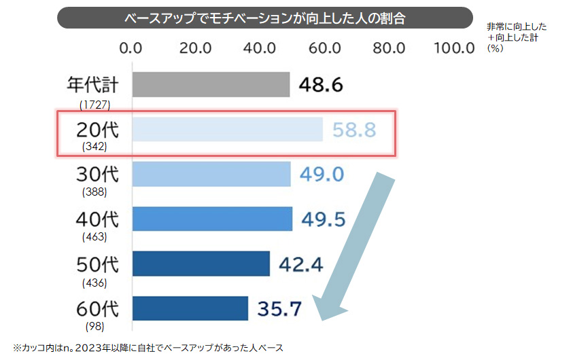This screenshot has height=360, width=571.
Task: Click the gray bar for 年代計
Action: tap(211, 85)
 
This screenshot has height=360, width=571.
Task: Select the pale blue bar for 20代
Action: tap(227, 130)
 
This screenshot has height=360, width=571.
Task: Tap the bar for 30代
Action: tap(211, 175)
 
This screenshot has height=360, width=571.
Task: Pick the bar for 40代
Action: tap(212, 219)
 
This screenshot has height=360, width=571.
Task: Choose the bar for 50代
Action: tap(201, 264)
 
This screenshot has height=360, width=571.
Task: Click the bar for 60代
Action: tap(190, 308)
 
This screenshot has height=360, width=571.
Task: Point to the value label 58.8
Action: tap(354, 130)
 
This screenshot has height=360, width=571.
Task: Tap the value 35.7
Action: tap(279, 309)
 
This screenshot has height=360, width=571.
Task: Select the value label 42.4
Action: tap(300, 264)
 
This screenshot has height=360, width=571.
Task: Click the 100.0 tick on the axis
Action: tap(453, 48)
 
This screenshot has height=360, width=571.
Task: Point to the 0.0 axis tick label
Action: tap(130, 48)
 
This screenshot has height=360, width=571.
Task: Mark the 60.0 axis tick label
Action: tap(324, 48)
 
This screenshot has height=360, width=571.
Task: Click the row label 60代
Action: tap(98, 310)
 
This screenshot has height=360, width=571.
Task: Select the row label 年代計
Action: tap(93, 85)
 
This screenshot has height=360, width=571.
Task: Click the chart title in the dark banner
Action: tap(265, 18)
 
